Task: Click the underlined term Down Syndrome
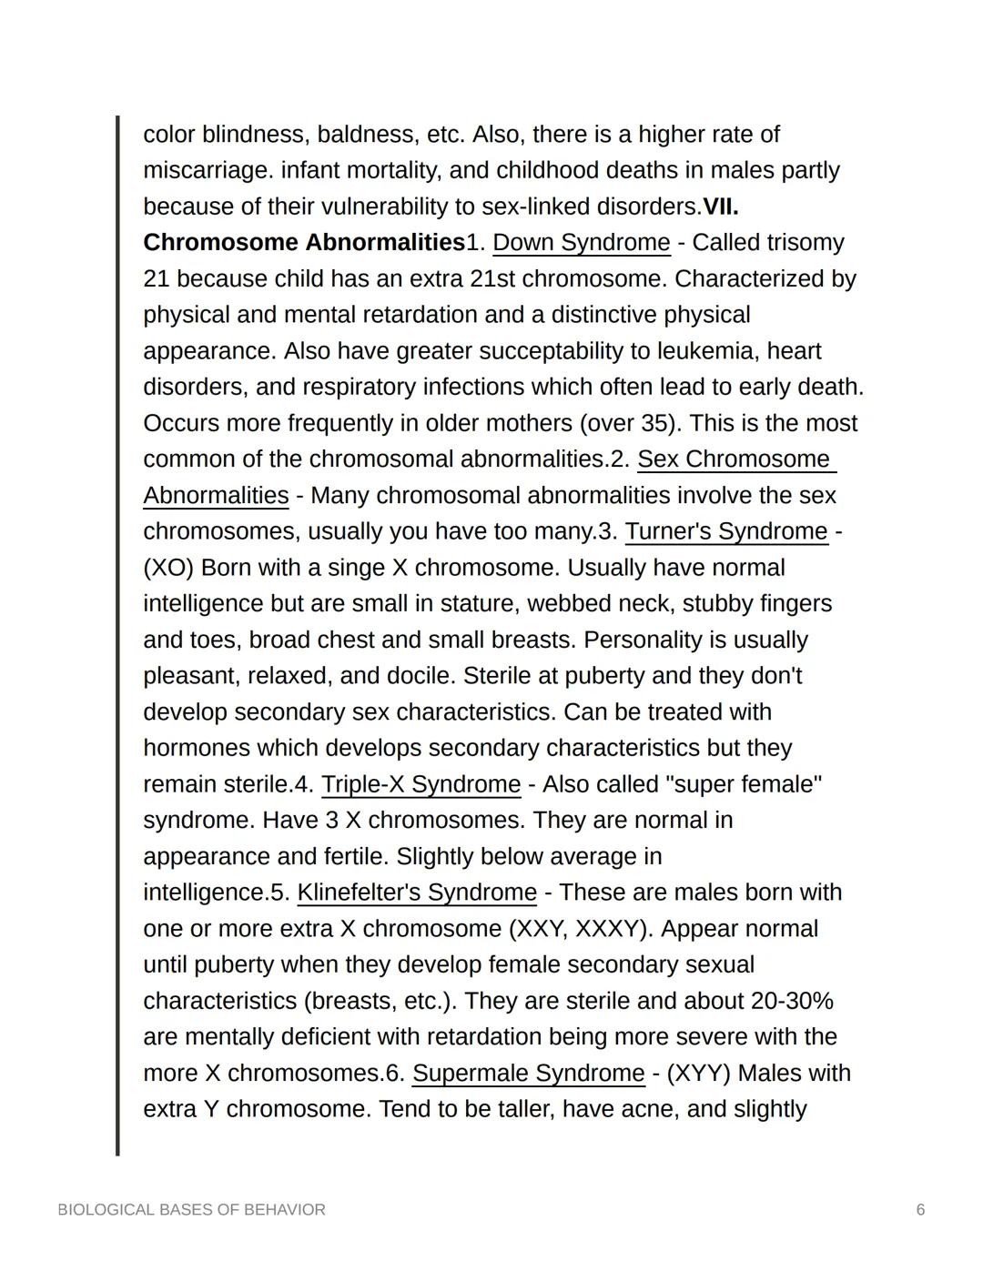(x=581, y=243)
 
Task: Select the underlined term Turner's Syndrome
(x=726, y=531)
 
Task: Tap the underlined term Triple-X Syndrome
(x=421, y=784)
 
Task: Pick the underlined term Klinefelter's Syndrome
(x=417, y=893)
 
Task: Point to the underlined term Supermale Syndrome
(x=528, y=1074)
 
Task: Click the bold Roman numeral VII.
(x=720, y=207)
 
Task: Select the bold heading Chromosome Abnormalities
(x=304, y=243)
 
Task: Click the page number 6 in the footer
(x=920, y=1210)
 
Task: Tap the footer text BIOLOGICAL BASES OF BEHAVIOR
(x=191, y=1210)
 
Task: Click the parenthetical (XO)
(x=168, y=568)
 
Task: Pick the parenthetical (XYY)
(x=698, y=1074)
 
